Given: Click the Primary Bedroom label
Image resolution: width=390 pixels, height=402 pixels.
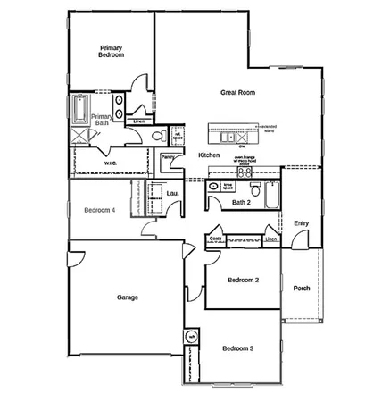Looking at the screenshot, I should [x=112, y=51].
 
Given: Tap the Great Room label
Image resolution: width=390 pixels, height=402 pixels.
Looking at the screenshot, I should [x=238, y=92].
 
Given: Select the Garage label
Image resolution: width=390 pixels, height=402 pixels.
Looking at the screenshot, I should [x=127, y=297].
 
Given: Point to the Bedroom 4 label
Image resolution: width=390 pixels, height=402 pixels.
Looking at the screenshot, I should [x=99, y=210].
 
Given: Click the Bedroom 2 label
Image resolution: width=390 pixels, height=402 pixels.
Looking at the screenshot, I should [x=243, y=281].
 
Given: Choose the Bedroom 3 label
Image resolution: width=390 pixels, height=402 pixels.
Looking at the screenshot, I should [x=238, y=348].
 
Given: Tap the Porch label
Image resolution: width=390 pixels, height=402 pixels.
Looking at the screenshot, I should [x=302, y=288].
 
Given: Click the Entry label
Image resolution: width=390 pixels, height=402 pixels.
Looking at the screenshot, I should [x=302, y=223].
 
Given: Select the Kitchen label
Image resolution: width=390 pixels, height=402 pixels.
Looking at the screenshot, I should [x=209, y=155].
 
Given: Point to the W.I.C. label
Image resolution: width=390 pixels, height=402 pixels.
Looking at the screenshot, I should [x=111, y=163].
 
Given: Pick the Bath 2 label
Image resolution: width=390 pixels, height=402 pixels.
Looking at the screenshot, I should [x=240, y=203].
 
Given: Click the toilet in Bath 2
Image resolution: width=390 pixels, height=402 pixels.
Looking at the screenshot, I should [x=253, y=188].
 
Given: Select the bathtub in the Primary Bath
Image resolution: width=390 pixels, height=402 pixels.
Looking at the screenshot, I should [x=78, y=112].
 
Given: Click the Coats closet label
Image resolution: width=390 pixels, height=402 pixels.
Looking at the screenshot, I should [x=214, y=239].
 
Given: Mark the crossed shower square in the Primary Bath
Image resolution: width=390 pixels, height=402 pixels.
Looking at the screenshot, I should [x=79, y=135].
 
